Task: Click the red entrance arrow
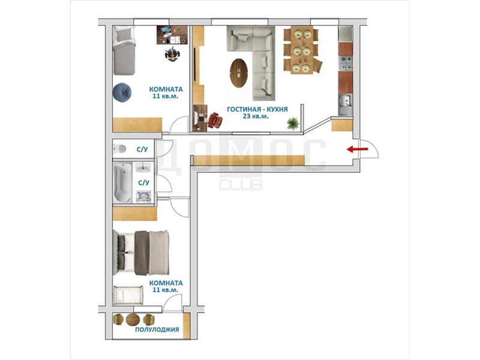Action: coord(357,149)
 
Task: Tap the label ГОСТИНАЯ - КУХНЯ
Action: coord(257,109)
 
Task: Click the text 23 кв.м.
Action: coord(256,116)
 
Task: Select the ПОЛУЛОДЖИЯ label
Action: coord(157,329)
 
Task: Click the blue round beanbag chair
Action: coord(122,92)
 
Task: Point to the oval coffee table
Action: coord(238,73)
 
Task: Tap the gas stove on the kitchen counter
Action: coord(346,63)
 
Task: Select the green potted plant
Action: coord(293,124)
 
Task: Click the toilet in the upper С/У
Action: coord(120,149)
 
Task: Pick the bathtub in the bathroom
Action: coord(122,183)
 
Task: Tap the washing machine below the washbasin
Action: coord(143,197)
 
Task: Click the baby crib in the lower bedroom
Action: coord(128,295)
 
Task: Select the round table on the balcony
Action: coord(133,320)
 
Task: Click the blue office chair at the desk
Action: coord(172,54)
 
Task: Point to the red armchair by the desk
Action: coord(215,120)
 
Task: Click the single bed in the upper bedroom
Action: coord(124,50)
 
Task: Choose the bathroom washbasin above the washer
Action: coord(143,168)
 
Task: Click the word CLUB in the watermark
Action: coord(241,184)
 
